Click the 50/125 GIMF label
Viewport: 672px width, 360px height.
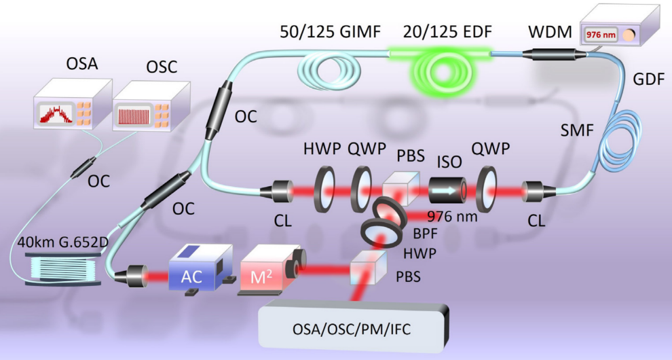tap(330, 32)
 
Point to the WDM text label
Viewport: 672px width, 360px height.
tap(550, 32)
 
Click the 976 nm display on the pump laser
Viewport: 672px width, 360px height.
tap(600, 35)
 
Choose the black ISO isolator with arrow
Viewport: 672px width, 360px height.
tap(448, 190)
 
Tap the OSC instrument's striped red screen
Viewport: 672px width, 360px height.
tap(135, 115)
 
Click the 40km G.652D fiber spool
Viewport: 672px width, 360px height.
tap(63, 269)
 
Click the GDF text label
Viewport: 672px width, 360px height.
tap(648, 79)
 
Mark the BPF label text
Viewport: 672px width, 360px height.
tap(425, 234)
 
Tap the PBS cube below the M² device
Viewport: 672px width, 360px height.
tap(368, 268)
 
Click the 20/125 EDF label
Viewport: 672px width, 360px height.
tap(447, 32)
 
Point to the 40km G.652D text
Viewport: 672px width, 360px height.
tap(63, 242)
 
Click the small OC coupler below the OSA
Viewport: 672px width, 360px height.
tap(83, 166)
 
